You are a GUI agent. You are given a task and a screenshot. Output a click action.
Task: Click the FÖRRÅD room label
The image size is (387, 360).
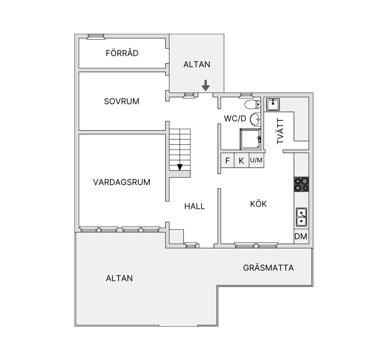(x=122, y=53)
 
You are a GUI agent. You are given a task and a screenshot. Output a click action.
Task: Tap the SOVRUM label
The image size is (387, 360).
(x=122, y=101)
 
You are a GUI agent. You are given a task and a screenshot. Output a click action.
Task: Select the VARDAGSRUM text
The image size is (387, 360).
(x=122, y=182)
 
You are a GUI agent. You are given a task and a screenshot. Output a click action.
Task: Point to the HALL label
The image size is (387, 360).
(x=194, y=206)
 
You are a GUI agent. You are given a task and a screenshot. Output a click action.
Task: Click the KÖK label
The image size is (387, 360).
(x=258, y=204)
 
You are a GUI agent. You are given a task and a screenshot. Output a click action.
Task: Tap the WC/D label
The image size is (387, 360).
(x=235, y=118)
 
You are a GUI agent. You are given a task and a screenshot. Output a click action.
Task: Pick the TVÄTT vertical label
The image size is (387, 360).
(x=280, y=131)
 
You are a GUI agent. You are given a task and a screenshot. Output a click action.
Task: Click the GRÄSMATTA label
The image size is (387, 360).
(x=268, y=268)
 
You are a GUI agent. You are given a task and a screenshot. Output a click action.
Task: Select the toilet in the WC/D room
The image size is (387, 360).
(x=253, y=104)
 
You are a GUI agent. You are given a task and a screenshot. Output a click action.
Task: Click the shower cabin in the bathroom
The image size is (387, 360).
(x=250, y=139)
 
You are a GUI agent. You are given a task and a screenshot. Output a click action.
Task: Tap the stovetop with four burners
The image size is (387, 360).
(x=301, y=184)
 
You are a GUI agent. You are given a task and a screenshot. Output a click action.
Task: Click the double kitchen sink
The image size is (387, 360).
(x=302, y=217)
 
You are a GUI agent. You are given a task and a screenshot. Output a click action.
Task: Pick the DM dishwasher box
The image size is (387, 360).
(x=301, y=236)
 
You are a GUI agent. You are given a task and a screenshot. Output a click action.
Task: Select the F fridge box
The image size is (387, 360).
(x=228, y=161)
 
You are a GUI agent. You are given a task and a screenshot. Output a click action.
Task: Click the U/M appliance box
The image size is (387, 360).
(x=256, y=161)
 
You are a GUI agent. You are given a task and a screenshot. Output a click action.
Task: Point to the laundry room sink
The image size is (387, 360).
(x=273, y=105)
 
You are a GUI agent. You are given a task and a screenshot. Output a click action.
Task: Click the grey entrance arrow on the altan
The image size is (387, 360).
(x=205, y=85)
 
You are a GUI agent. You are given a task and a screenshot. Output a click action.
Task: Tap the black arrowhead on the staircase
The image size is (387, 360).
(x=180, y=167)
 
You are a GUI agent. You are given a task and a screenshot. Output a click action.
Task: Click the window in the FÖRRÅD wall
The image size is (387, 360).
(x=96, y=37)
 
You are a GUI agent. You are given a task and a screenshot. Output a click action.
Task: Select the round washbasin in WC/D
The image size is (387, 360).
(x=255, y=119)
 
